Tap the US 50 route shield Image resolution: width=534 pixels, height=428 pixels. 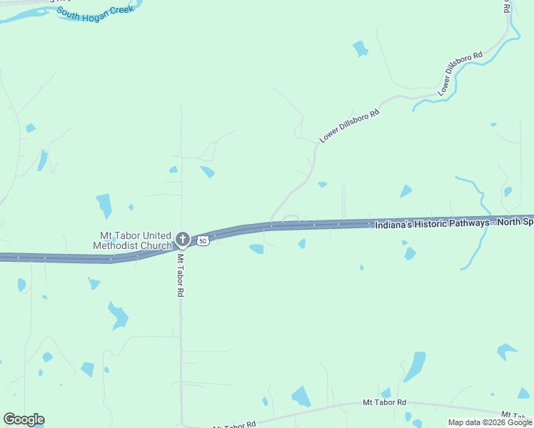point(203,241)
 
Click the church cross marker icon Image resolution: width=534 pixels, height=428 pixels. point(182,238)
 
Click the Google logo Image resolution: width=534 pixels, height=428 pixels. point(24,419)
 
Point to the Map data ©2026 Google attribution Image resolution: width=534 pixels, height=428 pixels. point(489,422)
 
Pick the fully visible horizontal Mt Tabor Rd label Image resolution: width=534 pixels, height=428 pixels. point(384,403)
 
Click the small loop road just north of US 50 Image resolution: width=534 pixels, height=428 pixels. point(291,217)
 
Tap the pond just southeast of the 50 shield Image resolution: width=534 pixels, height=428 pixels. point(256,249)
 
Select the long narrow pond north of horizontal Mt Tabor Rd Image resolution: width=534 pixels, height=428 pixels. point(414,367)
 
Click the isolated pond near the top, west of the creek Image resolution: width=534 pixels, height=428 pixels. point(360,49)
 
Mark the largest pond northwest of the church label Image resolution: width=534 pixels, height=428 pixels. point(104,205)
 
